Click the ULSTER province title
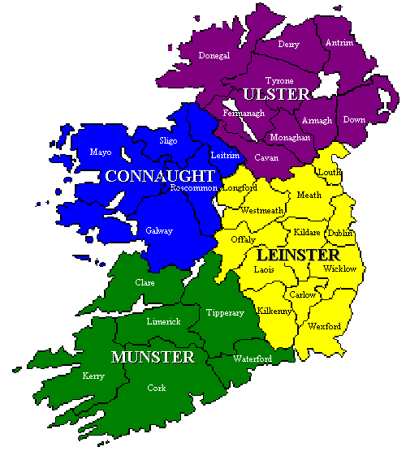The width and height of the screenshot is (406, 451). pyautogui.click(x=271, y=94)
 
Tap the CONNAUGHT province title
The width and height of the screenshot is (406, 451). pyautogui.click(x=159, y=176)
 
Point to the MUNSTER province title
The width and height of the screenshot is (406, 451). pyautogui.click(x=153, y=357)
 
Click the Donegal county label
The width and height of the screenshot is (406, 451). pyautogui.click(x=214, y=56)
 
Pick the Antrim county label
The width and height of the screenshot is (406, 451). pyautogui.click(x=339, y=42)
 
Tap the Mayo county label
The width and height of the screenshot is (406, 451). pyautogui.click(x=101, y=152)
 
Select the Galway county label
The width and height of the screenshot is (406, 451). pyautogui.click(x=159, y=230)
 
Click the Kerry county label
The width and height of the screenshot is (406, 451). pyautogui.click(x=93, y=376)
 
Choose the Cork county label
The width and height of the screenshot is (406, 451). pyautogui.click(x=157, y=389)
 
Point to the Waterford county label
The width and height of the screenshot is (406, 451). pyautogui.click(x=252, y=358)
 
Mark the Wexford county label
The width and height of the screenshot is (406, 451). pyautogui.click(x=324, y=326)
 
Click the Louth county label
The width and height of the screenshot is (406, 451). pyautogui.click(x=329, y=172)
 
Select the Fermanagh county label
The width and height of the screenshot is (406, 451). pyautogui.click(x=244, y=114)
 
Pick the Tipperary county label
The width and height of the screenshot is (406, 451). pyautogui.click(x=225, y=312)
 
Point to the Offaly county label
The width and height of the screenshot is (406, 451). pyautogui.click(x=243, y=240)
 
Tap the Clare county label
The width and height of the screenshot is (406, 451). pyautogui.click(x=145, y=282)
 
